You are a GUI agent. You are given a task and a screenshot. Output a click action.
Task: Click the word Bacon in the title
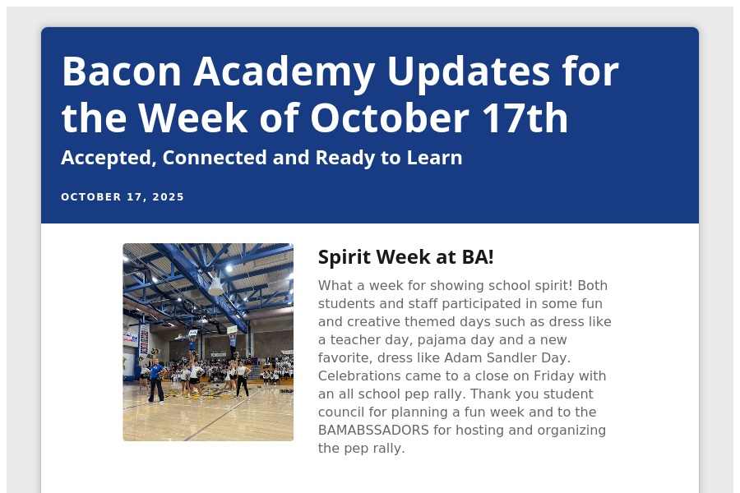122,71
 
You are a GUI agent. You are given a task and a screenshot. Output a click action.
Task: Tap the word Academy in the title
284,73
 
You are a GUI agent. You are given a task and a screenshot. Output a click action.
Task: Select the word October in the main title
390,118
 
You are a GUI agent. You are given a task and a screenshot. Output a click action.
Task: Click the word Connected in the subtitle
215,158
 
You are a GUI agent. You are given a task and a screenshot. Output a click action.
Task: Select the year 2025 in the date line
168,196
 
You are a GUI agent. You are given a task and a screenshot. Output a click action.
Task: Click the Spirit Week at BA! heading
406,257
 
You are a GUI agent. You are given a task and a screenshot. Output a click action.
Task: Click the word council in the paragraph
342,412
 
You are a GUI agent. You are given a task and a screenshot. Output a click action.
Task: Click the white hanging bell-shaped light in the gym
215,286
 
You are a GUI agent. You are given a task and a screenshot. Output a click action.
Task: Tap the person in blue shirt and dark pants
156,380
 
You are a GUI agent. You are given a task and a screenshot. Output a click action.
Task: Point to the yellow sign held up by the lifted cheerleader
232,329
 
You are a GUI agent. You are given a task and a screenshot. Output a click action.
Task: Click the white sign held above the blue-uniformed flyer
193,332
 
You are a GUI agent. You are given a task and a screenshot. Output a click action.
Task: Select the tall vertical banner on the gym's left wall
145,339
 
